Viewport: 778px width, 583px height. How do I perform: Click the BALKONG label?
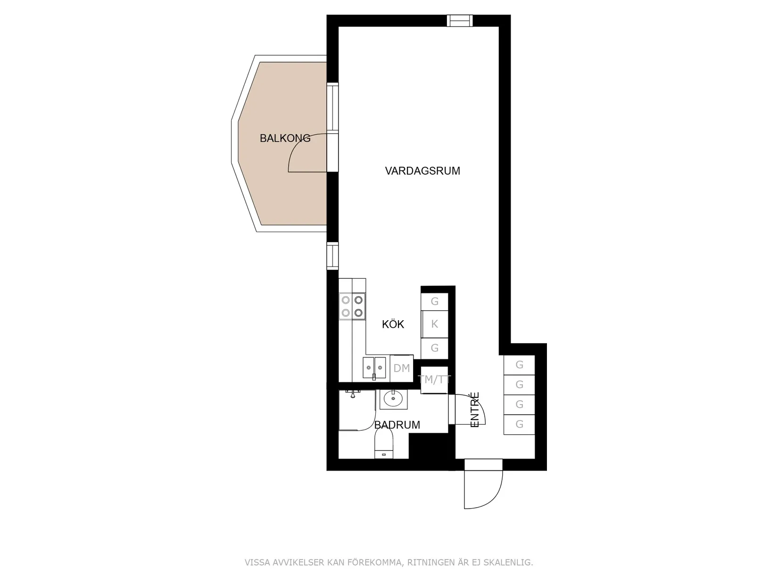coord(285,138)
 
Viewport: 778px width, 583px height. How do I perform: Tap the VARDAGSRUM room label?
coord(422,171)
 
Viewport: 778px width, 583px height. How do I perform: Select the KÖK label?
coord(393,324)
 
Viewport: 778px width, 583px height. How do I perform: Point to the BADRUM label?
coord(397,425)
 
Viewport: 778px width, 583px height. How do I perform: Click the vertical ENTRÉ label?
coord(475,410)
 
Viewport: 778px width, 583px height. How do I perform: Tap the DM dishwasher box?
coord(402,368)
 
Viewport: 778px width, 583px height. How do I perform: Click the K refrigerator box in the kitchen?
coord(434,324)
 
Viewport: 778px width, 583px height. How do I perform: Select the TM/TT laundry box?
coord(434,380)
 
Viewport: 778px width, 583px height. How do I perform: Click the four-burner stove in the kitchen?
coord(352,306)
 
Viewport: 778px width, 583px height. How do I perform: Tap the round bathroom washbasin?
coord(393,399)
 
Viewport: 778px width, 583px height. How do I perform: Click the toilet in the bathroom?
coord(384,445)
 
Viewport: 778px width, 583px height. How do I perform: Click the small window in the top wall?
coord(459,21)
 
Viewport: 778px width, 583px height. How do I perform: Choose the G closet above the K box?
coord(434,301)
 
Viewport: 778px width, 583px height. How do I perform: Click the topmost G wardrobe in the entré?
coord(519,364)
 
